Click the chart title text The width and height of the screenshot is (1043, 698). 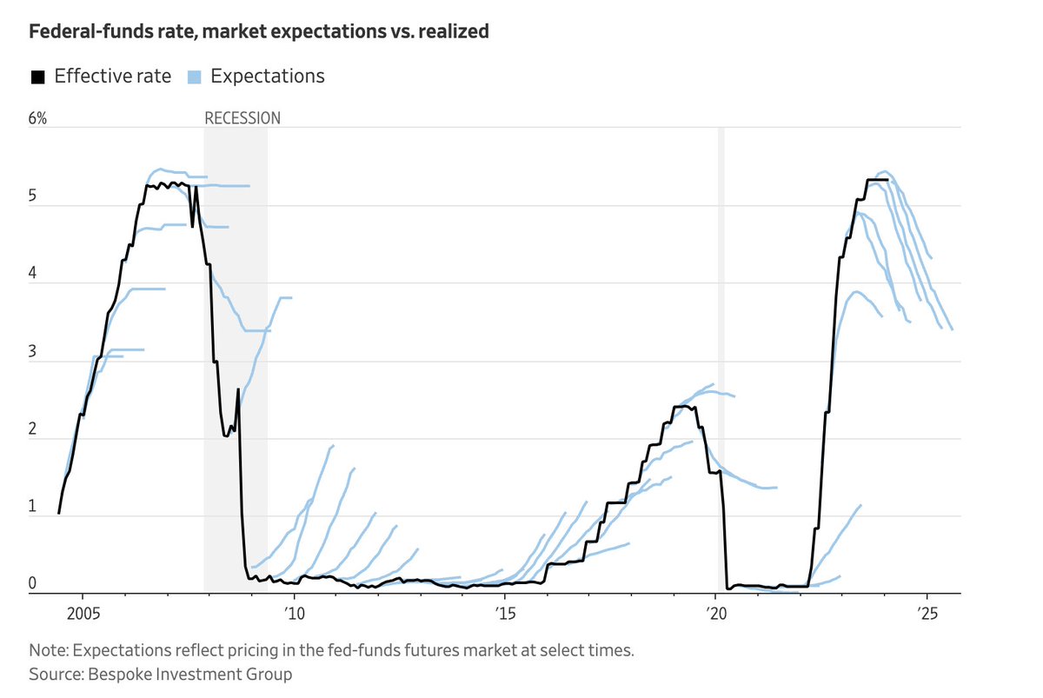pos(259,32)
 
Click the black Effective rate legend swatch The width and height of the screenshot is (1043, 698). pos(37,76)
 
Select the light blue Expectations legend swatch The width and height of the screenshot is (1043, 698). pos(193,76)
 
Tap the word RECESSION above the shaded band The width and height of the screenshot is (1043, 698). pos(242,118)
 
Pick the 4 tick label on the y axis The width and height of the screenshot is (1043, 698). pos(33,274)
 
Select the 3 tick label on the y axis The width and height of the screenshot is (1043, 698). pos(33,352)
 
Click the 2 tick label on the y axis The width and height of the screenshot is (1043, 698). pos(33,429)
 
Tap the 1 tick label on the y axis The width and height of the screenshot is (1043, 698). pos(33,507)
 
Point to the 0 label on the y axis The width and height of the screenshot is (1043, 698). pos(33,584)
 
